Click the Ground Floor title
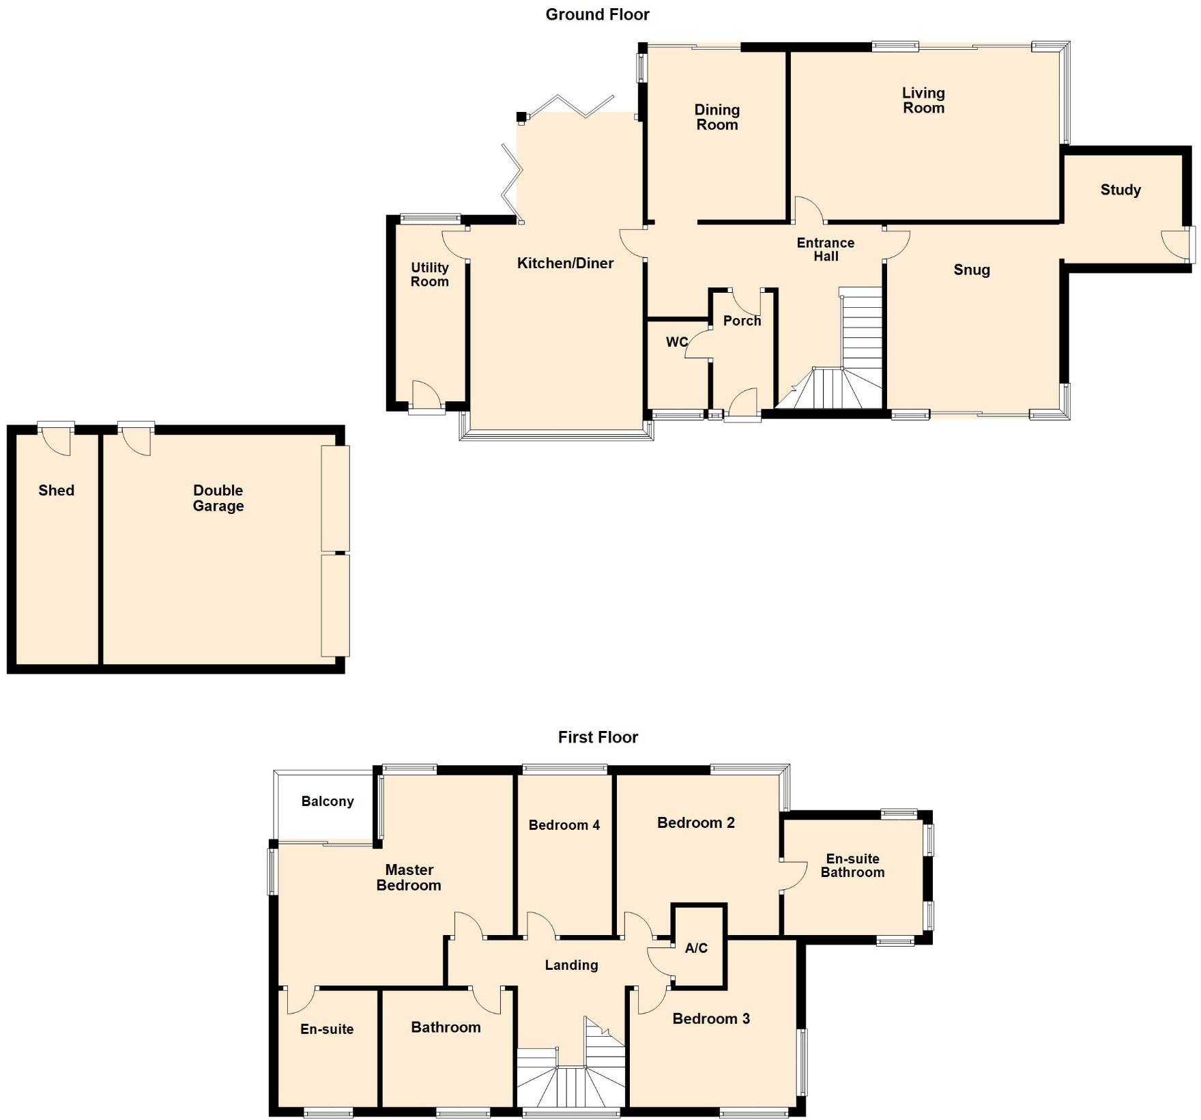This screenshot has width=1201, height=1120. click(597, 14)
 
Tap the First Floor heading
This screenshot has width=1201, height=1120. click(598, 737)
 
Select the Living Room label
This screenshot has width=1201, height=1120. click(923, 100)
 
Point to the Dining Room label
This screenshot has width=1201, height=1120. click(717, 117)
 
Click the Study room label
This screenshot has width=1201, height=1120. click(1120, 190)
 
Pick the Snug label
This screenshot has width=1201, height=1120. click(972, 270)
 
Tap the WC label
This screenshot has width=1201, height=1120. click(677, 342)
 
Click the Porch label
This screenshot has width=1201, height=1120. click(742, 321)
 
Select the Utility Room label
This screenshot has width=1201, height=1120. click(429, 274)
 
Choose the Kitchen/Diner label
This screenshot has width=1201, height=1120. click(565, 263)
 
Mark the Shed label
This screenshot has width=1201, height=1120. click(56, 490)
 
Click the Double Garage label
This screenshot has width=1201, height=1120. click(218, 498)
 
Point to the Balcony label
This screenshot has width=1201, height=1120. click(328, 801)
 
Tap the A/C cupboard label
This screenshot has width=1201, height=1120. click(696, 948)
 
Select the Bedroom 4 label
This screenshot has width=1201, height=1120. click(564, 825)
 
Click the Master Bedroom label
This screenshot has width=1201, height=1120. click(409, 878)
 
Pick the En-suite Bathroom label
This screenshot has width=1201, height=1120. click(852, 865)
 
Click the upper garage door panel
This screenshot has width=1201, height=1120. click(335, 498)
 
